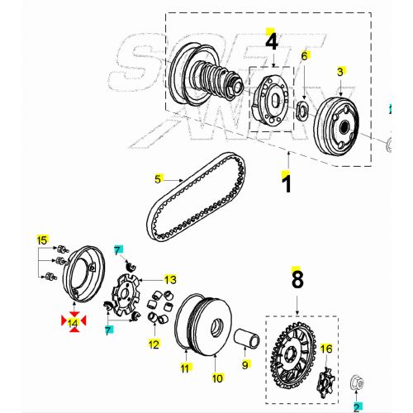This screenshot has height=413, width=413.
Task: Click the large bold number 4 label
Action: (x=272, y=42)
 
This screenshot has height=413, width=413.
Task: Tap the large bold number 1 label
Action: (x=287, y=183)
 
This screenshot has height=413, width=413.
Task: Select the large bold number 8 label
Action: (x=297, y=280)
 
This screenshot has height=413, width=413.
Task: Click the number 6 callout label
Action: (x=304, y=56)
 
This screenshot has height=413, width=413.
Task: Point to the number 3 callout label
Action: (x=340, y=72)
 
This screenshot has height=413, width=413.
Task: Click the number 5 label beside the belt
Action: (x=158, y=179)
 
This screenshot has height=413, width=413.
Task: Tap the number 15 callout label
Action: (x=42, y=240)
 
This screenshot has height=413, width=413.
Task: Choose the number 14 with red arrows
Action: (x=73, y=322)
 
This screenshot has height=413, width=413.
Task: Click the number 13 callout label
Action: (x=170, y=280)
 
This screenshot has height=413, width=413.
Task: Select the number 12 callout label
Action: (x=154, y=344)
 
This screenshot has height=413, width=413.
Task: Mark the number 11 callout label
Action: (x=185, y=368)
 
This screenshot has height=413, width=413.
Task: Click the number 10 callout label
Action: (x=217, y=378)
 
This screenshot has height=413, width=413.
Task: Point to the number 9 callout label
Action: (x=245, y=365)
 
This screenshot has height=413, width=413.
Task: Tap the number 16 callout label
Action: (x=326, y=349)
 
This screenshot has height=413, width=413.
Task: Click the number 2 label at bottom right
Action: (x=357, y=407)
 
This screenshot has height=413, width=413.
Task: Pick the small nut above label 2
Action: (x=357, y=382)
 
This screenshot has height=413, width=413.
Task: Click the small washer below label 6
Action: (x=302, y=111)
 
